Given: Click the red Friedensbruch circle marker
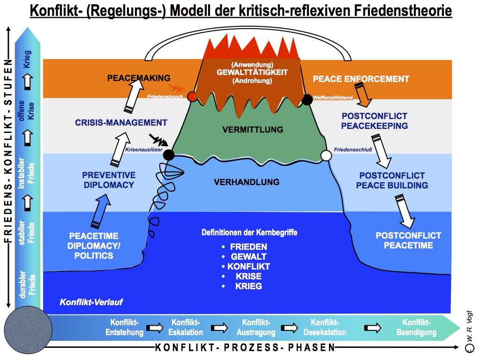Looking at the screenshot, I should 192,97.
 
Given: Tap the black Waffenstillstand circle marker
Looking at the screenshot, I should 307,99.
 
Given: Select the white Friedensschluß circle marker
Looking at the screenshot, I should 326,155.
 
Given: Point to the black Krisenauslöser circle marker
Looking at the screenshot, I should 169,155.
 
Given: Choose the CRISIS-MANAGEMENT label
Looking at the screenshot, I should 121,123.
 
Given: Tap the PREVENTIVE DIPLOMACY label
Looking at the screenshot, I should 109,180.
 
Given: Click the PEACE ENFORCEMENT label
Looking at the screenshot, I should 361,79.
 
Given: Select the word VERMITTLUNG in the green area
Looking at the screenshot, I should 253,129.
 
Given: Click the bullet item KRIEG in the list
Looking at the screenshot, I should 249,286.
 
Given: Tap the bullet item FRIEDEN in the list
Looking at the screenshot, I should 248,247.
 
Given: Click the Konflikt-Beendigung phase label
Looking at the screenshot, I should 416,327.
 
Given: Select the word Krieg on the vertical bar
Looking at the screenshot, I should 27,59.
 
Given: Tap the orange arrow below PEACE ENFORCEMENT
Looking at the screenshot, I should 363,96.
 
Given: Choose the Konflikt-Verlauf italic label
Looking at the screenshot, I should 91,302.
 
